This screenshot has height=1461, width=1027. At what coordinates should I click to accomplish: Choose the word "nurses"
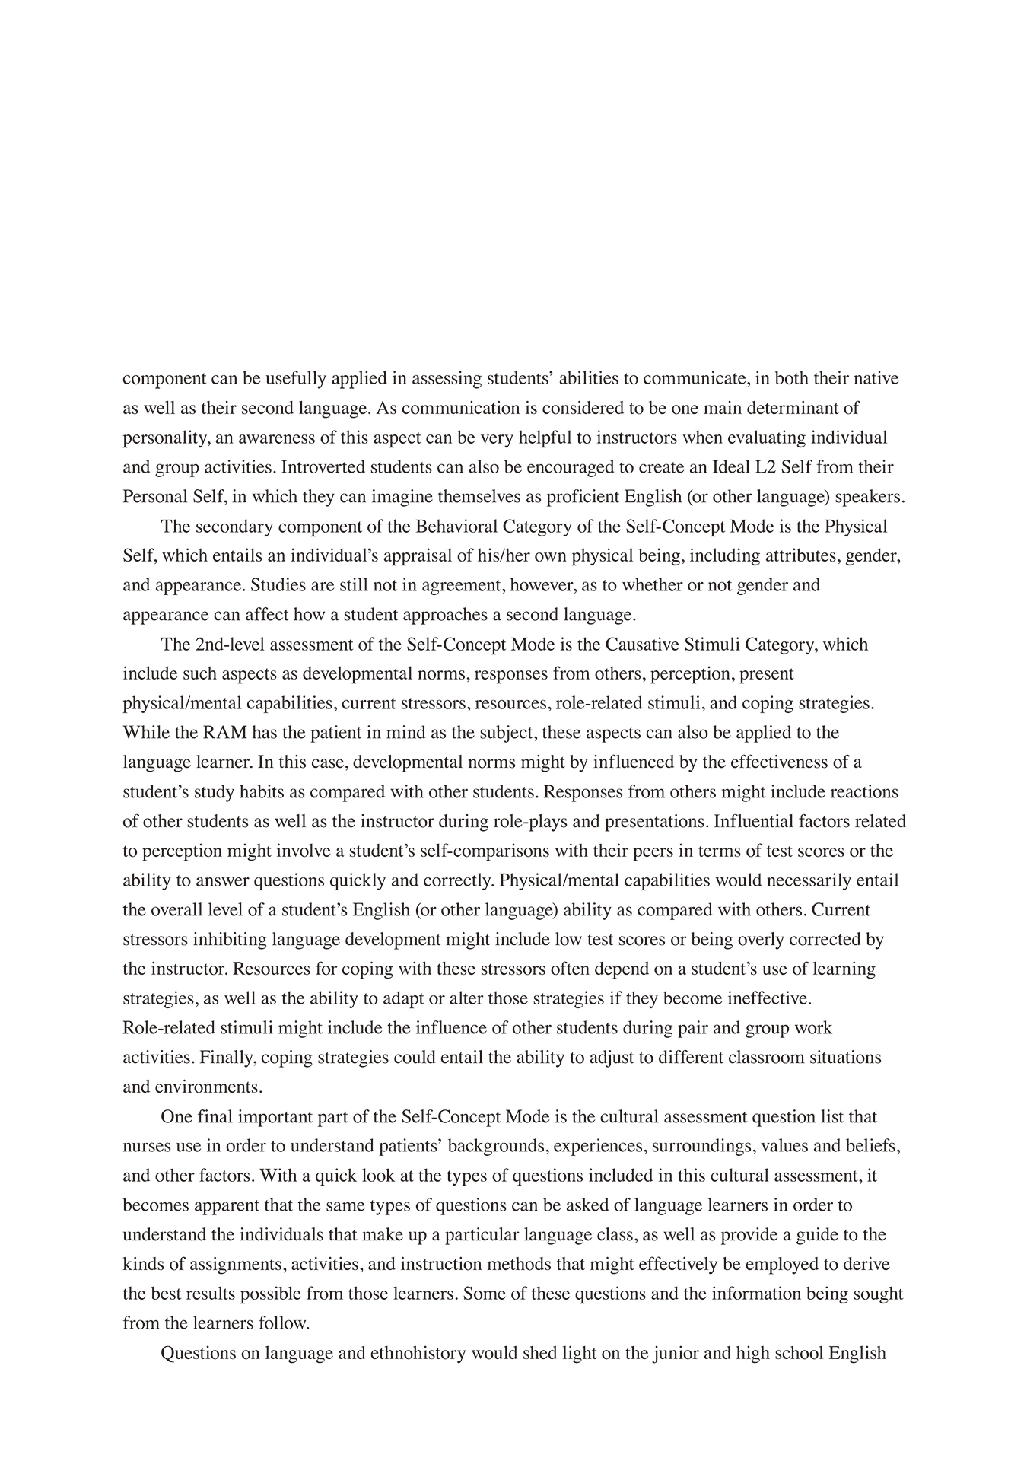pos(146,1146)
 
